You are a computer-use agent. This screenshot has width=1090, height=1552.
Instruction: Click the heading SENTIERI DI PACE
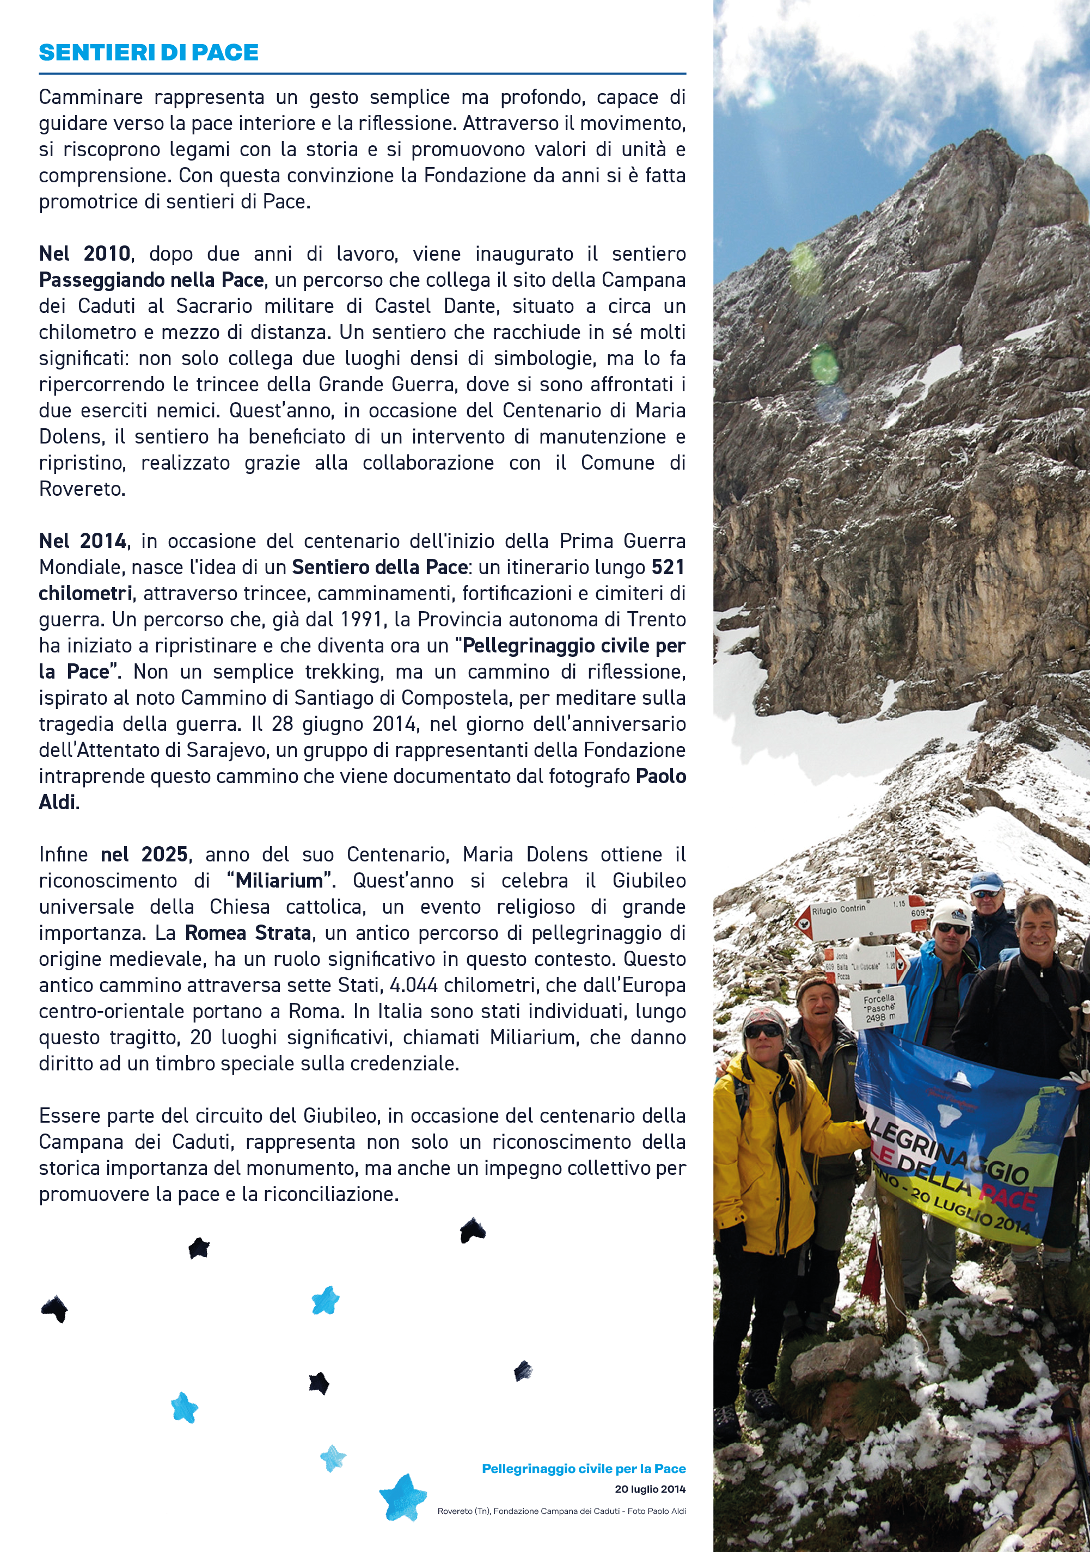[x=149, y=53]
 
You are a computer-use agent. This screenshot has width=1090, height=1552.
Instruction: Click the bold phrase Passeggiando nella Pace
[x=151, y=280]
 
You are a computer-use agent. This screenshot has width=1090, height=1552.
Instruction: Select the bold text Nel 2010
[x=84, y=254]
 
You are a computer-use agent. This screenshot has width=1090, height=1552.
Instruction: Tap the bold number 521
[x=668, y=567]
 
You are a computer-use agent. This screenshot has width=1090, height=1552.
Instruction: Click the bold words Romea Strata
[x=248, y=933]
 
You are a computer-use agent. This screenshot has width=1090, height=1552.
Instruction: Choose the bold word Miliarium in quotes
[x=279, y=881]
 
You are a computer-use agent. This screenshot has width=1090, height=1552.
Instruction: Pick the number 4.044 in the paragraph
[x=413, y=986]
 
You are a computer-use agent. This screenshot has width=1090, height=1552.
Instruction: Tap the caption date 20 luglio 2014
[x=650, y=1489]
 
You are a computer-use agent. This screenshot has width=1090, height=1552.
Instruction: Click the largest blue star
[x=403, y=1497]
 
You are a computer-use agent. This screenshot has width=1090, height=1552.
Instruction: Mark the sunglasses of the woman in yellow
[x=763, y=1031]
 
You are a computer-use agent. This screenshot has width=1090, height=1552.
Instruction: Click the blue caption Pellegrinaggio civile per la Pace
[x=584, y=1469]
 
